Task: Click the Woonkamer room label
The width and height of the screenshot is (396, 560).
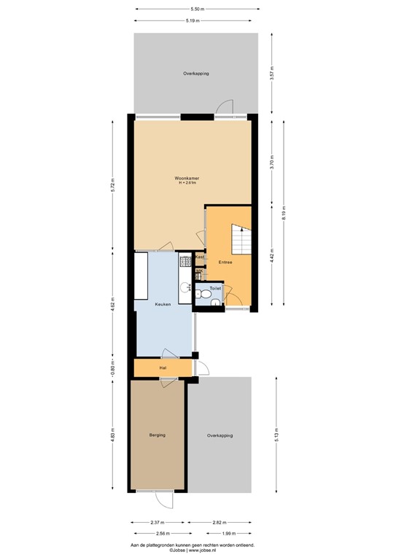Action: [187, 177]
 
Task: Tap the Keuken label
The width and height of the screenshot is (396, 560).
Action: [163, 304]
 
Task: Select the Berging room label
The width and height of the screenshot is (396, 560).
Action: [158, 435]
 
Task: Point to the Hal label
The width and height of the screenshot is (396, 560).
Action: [163, 368]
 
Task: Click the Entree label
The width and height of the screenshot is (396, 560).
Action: [225, 262]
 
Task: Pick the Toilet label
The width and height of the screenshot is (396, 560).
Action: [215, 289]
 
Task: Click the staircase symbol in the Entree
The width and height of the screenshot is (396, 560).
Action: [241, 238]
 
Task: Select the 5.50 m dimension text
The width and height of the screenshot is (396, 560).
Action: [196, 9]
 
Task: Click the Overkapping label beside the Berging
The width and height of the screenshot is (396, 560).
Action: [220, 435]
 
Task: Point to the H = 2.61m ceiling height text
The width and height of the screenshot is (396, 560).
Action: [187, 182]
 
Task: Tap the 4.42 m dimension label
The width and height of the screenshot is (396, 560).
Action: [271, 256]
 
